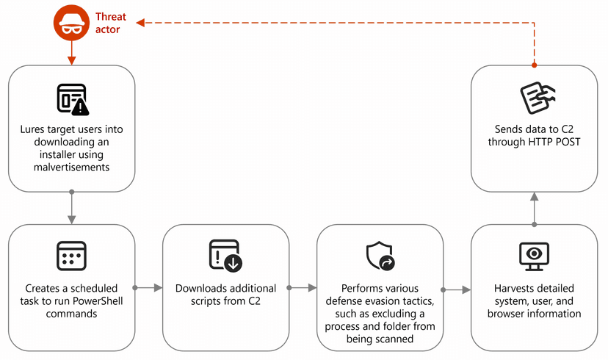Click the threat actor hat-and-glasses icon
(x=71, y=23)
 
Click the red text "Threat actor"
(x=110, y=23)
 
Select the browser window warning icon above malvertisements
(x=73, y=99)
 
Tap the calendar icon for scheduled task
(x=71, y=256)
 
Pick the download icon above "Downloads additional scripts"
(x=225, y=255)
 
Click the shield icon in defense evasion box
(x=380, y=256)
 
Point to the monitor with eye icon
(x=534, y=256)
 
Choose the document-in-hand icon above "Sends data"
(x=537, y=98)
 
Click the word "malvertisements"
(x=72, y=168)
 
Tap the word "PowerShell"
(x=98, y=301)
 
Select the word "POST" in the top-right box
(x=568, y=142)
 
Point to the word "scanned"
(x=394, y=339)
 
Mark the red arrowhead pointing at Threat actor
(x=140, y=23)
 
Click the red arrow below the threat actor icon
(x=72, y=53)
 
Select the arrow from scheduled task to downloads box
(x=148, y=288)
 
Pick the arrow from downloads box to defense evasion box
(x=302, y=288)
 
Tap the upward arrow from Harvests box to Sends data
(x=535, y=209)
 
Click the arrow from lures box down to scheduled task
(x=72, y=207)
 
